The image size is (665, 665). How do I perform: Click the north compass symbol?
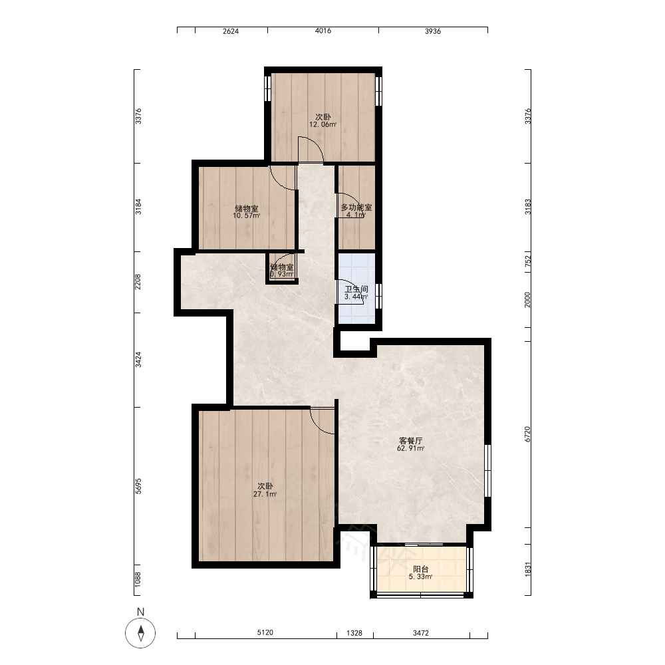[140, 632]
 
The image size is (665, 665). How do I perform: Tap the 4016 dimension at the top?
[323, 31]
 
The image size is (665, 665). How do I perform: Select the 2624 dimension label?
[231, 31]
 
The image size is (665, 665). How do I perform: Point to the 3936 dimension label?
[433, 31]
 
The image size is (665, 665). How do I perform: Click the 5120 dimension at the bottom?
[265, 632]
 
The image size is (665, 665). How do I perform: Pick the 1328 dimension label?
[354, 633]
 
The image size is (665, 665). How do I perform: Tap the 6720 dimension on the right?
[527, 434]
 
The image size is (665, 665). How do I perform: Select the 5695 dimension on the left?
[138, 486]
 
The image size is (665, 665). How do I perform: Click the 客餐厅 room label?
[410, 441]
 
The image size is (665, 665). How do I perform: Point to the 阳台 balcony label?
[421, 569]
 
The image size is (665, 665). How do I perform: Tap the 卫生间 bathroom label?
[356, 289]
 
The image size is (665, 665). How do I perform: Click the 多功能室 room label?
[356, 207]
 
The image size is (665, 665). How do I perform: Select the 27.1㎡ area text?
[265, 494]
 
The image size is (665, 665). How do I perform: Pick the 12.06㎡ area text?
[323, 125]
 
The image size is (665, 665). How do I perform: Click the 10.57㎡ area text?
[247, 215]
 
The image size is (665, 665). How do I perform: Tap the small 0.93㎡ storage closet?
[283, 269]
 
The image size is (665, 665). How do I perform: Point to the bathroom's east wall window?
[379, 296]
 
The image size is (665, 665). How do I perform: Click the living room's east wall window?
[487, 470]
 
